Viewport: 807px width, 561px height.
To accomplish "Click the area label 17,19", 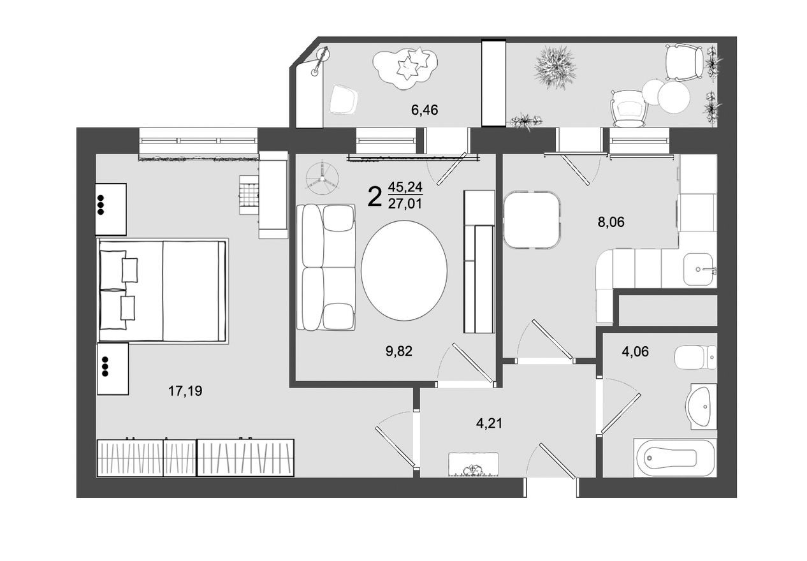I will coord(185,391).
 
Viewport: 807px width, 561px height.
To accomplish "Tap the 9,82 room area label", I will coord(400,351).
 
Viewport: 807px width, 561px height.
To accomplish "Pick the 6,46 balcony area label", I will coord(425,110).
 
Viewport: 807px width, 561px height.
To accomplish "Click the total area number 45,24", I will coord(405,187).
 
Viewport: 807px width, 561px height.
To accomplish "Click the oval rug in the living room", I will coord(404,270).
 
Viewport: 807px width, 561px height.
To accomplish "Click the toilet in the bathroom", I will coord(696,359).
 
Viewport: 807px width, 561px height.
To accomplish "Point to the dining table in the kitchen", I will coord(532,219).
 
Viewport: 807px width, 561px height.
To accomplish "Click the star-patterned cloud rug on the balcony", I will coord(406,65).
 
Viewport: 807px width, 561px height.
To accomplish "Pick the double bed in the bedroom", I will coord(163,291).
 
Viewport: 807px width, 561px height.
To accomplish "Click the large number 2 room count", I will coord(375,197).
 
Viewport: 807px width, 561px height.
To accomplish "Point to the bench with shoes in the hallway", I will coord(472,465).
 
